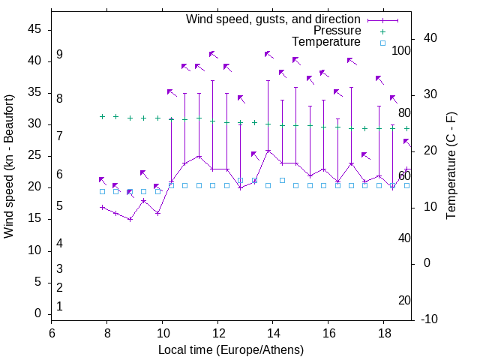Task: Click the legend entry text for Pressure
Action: [x=337, y=31]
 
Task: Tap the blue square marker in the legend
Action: [x=382, y=43]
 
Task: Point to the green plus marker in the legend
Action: [x=382, y=31]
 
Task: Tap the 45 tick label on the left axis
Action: [x=34, y=29]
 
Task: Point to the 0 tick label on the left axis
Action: [x=37, y=313]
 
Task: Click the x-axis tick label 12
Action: [x=217, y=334]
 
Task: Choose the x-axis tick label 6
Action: [x=52, y=334]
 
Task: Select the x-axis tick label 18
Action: [x=383, y=334]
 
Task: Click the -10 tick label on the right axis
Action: [x=430, y=319]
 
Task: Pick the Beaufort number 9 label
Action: [x=59, y=55]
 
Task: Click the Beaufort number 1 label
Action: [x=59, y=306]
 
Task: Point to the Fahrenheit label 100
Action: [x=401, y=50]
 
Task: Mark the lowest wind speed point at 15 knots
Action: [x=130, y=219]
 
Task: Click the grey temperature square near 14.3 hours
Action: [x=282, y=180]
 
